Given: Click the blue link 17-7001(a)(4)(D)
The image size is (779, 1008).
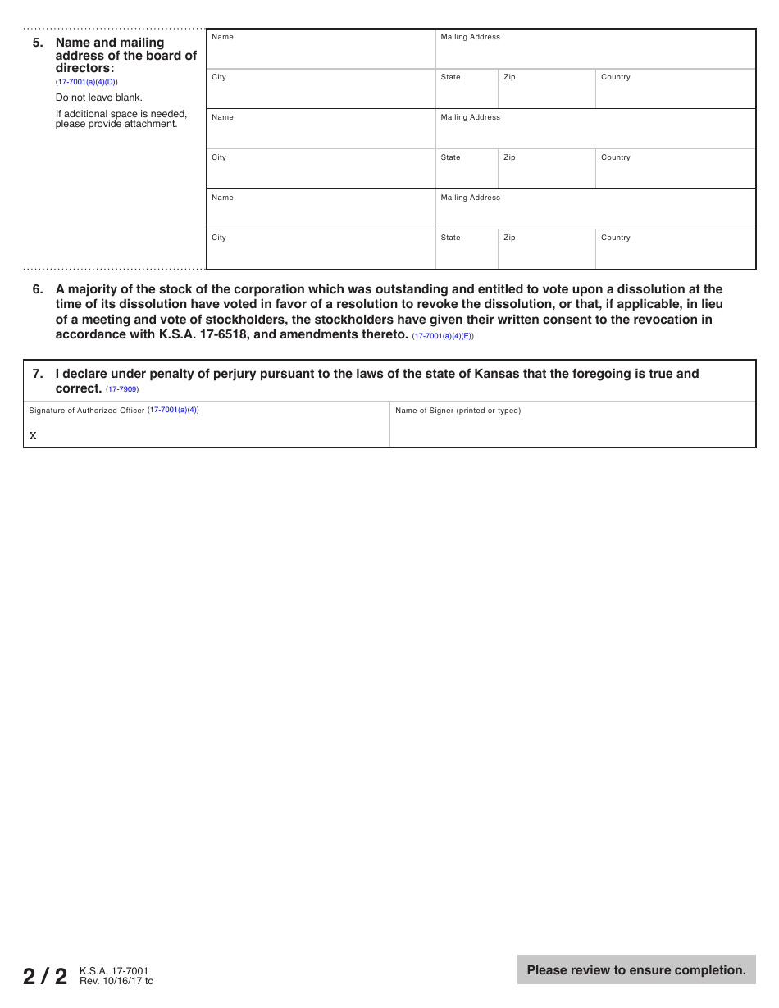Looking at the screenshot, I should (86, 82).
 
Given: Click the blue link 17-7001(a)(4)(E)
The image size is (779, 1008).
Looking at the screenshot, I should (442, 336).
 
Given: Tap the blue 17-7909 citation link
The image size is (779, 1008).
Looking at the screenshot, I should (122, 389).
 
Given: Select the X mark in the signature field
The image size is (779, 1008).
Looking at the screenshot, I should (33, 436).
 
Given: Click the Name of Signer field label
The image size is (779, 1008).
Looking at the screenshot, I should (458, 411).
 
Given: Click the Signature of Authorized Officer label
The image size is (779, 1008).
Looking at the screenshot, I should (86, 411).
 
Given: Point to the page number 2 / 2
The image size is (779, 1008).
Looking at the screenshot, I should (45, 976).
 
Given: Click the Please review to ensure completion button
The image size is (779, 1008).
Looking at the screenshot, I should (636, 969).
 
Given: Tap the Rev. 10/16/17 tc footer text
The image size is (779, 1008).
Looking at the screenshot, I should (116, 981).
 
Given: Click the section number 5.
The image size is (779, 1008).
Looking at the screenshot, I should (37, 43).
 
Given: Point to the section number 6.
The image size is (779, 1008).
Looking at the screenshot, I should (37, 289).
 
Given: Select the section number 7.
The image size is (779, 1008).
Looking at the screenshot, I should (37, 374).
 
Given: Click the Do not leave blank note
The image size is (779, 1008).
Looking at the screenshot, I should (98, 98).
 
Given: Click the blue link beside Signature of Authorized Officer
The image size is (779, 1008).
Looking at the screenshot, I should (173, 410).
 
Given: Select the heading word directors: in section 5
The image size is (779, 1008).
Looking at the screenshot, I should (84, 68).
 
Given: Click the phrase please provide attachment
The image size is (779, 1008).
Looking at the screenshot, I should (116, 125).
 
